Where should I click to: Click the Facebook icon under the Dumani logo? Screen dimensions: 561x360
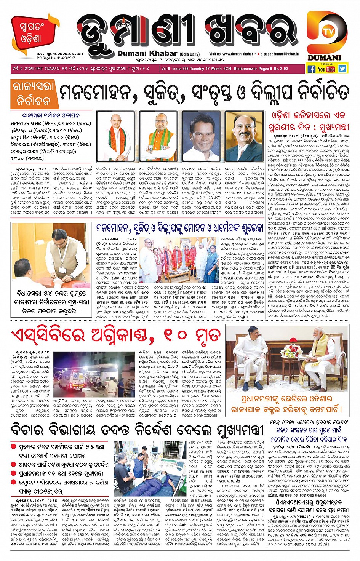coord(311,69)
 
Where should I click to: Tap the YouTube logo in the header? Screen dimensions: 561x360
coord(326,69)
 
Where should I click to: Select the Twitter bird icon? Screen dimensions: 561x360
coord(342,69)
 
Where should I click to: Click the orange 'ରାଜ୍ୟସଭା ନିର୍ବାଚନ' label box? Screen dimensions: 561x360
coord(34,94)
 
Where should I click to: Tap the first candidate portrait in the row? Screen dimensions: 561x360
coord(115,136)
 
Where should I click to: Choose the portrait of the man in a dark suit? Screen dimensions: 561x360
coord(244,136)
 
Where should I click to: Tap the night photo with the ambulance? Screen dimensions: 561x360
coord(94,375)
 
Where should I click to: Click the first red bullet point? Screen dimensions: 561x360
coord(13,446)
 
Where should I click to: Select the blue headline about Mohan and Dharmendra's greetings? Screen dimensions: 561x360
coord(179,229)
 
